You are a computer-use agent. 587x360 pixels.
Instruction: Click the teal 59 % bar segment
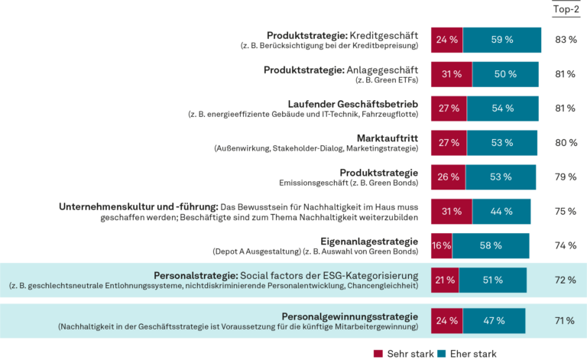click(x=502, y=41)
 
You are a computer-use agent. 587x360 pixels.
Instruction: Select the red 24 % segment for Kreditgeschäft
click(x=446, y=41)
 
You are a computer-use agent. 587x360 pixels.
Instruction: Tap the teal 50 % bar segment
click(x=505, y=74)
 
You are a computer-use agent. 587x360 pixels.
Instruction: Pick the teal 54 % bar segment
click(x=502, y=109)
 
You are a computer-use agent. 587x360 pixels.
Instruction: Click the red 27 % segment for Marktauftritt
click(x=449, y=142)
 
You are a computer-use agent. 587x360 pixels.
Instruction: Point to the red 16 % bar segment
click(x=441, y=245)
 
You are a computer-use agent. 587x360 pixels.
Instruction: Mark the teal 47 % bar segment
click(x=494, y=320)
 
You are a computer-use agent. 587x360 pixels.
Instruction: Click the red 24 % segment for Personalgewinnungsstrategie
click(x=446, y=320)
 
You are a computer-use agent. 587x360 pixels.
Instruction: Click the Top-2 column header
click(x=565, y=9)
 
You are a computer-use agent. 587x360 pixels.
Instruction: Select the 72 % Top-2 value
click(x=565, y=281)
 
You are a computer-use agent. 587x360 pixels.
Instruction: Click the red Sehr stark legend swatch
click(x=378, y=353)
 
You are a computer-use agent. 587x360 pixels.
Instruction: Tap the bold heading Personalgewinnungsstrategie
click(x=350, y=316)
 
